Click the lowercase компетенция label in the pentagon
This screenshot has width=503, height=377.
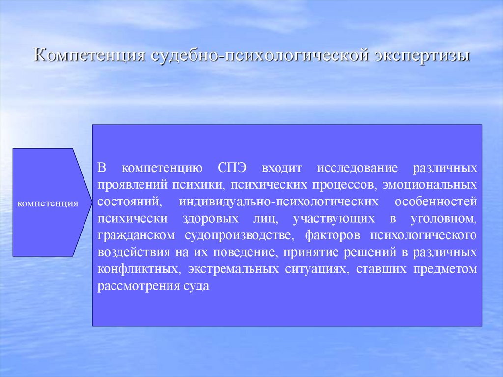(x=48, y=203)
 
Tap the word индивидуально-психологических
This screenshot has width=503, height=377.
(x=279, y=202)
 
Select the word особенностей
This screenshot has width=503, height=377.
(x=436, y=202)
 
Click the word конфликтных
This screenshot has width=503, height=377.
(x=130, y=269)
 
